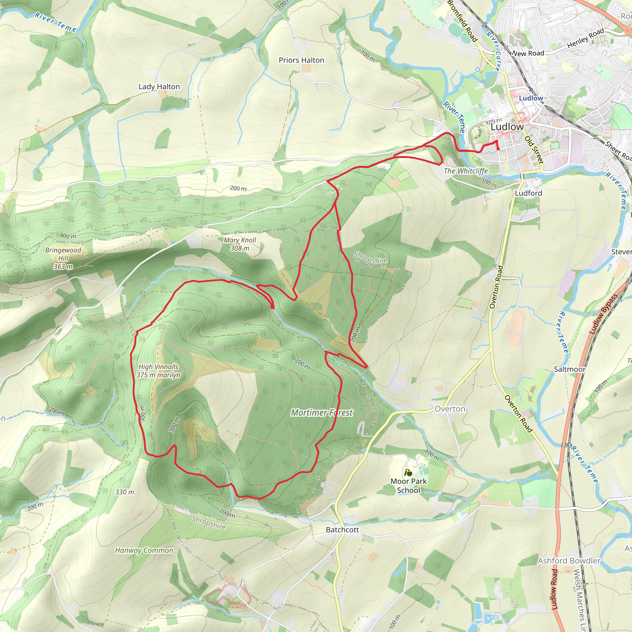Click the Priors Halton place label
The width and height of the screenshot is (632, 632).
[x=301, y=60]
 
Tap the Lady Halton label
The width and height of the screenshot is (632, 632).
[x=159, y=87]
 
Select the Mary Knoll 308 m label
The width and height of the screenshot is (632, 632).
[x=240, y=244]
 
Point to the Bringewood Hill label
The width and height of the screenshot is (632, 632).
[x=63, y=258]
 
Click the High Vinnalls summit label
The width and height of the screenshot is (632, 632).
[x=158, y=371]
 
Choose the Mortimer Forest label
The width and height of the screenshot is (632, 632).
[x=322, y=413]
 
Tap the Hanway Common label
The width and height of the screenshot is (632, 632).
[x=144, y=550]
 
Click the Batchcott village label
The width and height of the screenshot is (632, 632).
[x=342, y=530]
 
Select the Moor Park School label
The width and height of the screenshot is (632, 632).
[x=409, y=485]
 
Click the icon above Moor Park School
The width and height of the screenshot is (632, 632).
[x=408, y=472]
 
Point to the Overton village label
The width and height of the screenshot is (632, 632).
[x=450, y=409]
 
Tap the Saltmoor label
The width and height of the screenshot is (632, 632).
[x=570, y=369]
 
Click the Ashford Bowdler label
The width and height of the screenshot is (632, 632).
[x=569, y=561]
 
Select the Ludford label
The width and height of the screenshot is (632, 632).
[x=528, y=193]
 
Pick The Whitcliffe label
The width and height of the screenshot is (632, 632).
[x=465, y=171]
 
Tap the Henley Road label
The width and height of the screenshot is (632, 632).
[x=585, y=39]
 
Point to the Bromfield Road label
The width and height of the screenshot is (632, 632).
[x=462, y=21]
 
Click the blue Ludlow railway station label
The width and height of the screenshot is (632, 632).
[x=531, y=98]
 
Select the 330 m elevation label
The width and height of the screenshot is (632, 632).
[x=125, y=492]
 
